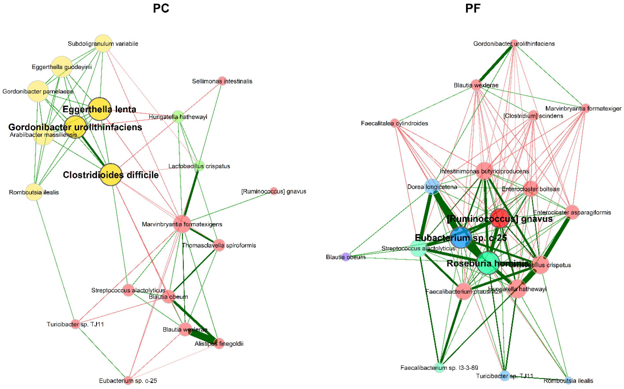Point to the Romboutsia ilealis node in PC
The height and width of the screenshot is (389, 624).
pyautogui.click(x=34, y=192)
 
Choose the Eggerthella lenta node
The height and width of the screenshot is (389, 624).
pyautogui.click(x=99, y=109)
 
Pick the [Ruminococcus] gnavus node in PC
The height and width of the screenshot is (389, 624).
pyautogui.click(x=274, y=191)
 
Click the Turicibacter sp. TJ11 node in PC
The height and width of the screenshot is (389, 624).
pyautogui.click(x=75, y=324)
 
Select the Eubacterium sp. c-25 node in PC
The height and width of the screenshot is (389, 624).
pyautogui.click(x=128, y=380)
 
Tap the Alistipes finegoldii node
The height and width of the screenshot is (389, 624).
pyautogui.click(x=219, y=343)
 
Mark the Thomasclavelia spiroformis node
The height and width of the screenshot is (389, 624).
pyautogui.click(x=219, y=245)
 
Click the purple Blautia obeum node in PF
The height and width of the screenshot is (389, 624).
pyautogui.click(x=346, y=257)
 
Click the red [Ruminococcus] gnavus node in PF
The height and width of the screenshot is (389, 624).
pyautogui.click(x=500, y=218)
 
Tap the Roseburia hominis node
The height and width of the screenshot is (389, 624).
pyautogui.click(x=488, y=263)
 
